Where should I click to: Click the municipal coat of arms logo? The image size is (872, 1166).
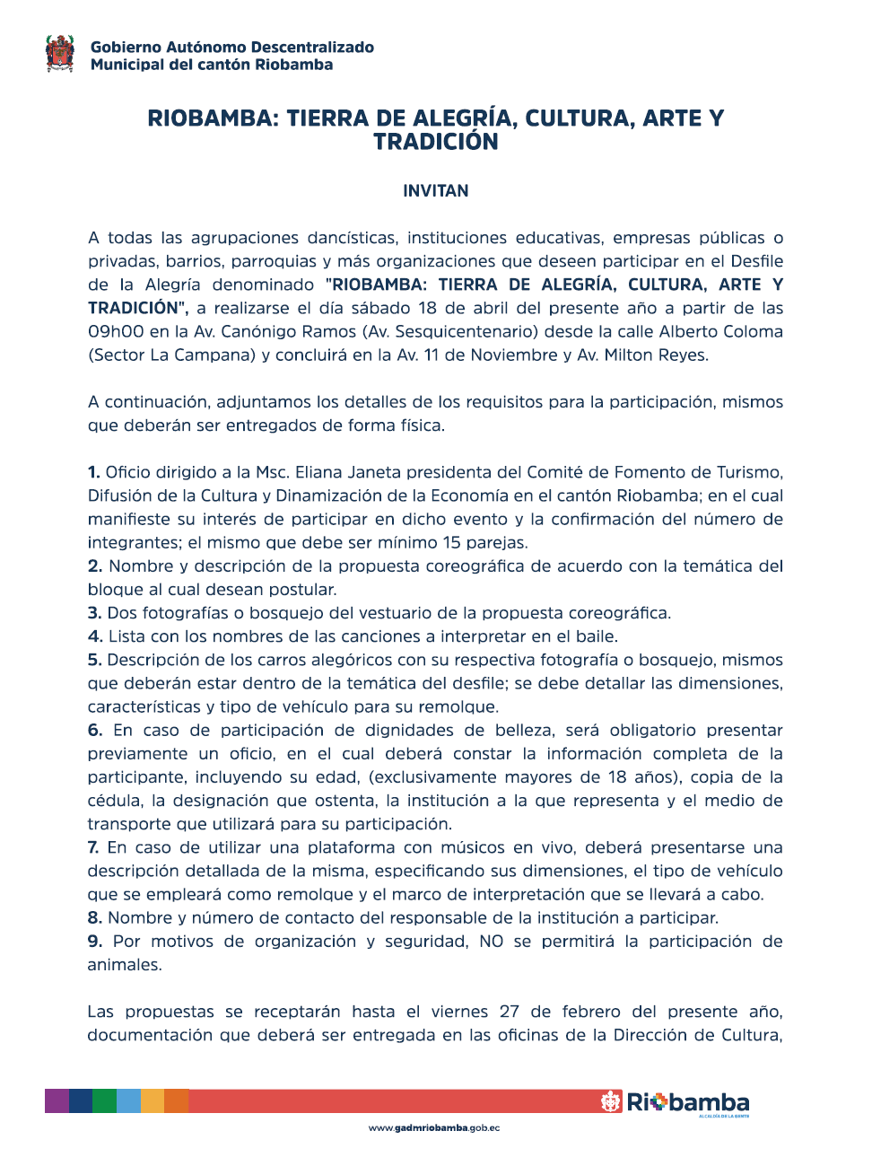pos(60,54)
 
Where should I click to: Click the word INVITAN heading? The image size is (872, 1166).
pos(435,191)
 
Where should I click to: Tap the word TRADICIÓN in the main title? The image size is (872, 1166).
pos(435,142)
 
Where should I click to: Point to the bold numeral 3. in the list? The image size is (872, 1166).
pos(94,613)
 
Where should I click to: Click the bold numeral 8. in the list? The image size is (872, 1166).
pos(94,917)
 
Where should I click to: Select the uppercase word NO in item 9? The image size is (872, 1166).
pos(491,941)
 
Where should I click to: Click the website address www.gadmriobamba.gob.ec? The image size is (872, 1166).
pos(434,1128)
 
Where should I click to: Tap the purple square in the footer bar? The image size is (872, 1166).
pos(57,1101)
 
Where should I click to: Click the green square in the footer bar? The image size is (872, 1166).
pos(105,1101)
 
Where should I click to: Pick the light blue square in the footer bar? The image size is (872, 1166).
pos(129,1101)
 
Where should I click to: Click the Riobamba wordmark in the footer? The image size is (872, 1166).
pos(686,1102)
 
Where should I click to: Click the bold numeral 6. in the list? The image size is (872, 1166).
pos(94,730)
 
